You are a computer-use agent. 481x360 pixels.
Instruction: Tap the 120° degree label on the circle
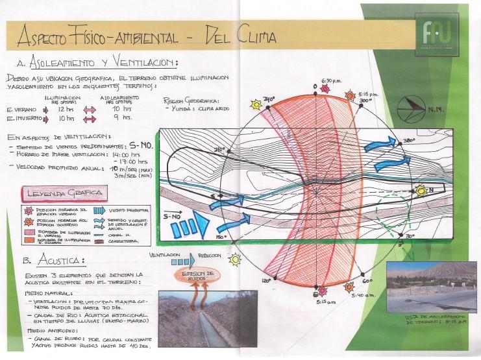pos(265,282)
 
